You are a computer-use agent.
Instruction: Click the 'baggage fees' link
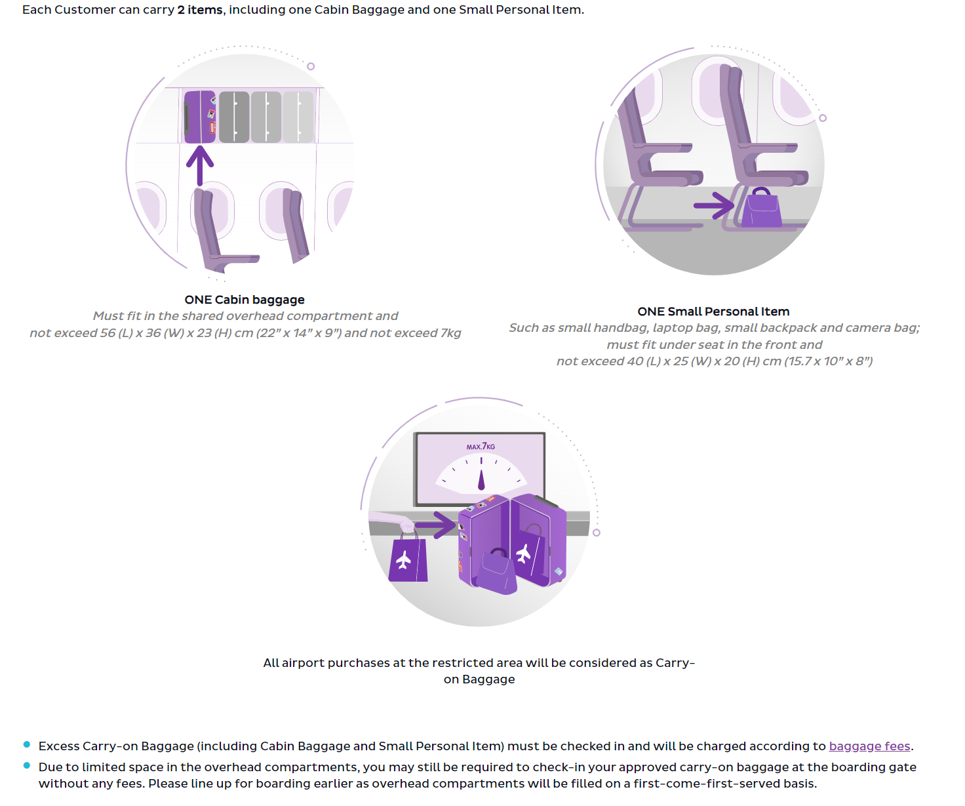click(869, 746)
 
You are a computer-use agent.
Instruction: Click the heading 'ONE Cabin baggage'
click(245, 300)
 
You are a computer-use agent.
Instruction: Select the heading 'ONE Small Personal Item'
click(713, 312)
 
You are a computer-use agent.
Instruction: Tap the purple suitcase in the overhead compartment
click(200, 117)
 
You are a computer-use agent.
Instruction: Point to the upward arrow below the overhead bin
click(200, 165)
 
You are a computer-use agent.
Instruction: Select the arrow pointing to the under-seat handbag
click(714, 205)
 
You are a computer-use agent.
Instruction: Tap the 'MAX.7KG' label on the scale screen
click(481, 446)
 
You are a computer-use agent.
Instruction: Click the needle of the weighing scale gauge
click(481, 479)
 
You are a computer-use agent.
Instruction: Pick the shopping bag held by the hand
click(408, 558)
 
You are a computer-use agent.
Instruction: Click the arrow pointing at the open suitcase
click(436, 525)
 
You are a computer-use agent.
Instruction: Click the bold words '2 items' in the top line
click(200, 10)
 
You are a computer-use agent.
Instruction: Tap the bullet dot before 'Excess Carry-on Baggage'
click(27, 744)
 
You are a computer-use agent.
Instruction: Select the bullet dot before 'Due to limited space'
click(27, 765)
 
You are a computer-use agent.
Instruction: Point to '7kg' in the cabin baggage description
click(450, 333)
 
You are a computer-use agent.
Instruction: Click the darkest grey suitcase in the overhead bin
click(234, 117)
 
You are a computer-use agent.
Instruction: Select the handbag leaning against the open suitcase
click(496, 572)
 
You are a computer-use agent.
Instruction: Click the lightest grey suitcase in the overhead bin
click(298, 117)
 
